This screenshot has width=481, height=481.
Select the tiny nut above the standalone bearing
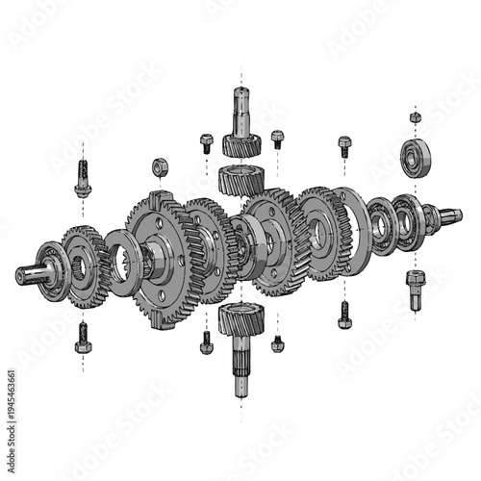(x=415, y=117)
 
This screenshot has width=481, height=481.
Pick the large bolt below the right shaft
(x=415, y=288)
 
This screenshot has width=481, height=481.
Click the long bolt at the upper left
(x=83, y=179)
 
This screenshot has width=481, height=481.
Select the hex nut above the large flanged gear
(x=160, y=167)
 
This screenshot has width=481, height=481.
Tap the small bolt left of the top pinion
(x=206, y=142)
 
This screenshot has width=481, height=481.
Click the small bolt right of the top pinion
(x=277, y=139)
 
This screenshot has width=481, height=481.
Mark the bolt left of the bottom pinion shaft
(x=206, y=342)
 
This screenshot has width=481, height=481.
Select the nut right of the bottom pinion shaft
(x=278, y=342)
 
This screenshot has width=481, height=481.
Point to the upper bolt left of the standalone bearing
(x=344, y=145)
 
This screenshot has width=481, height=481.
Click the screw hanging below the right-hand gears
(x=344, y=314)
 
